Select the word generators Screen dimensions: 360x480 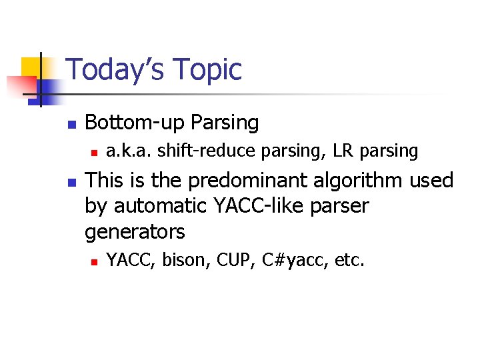[x=135, y=233]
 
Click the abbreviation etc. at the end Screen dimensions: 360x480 [x=349, y=260]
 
